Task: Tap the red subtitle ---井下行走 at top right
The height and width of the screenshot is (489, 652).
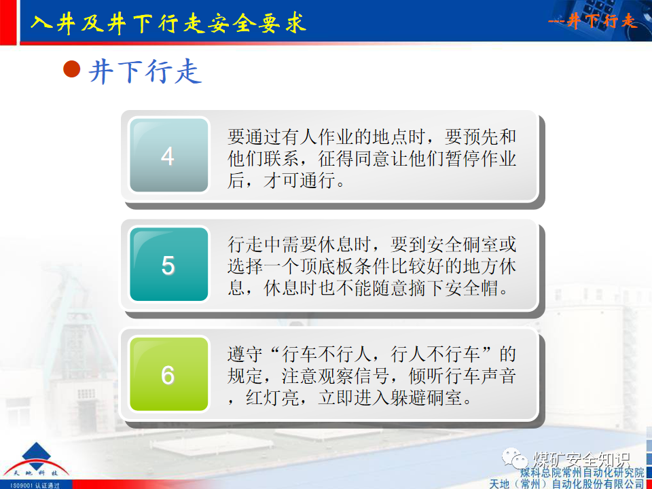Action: [592, 22]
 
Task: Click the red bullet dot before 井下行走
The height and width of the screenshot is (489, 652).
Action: [72, 69]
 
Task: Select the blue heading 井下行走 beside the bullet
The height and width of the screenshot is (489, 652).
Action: [145, 71]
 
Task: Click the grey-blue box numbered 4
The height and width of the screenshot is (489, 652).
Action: [168, 156]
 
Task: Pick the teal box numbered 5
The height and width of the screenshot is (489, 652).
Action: [168, 265]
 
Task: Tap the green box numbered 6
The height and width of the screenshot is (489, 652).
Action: [168, 374]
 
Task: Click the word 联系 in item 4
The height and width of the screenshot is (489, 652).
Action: [279, 160]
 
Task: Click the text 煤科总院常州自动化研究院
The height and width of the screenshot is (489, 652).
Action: [582, 472]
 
